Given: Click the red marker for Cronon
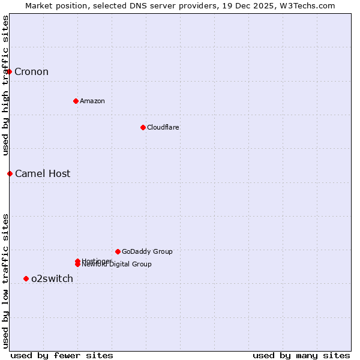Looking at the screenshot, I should pyautogui.click(x=10, y=72).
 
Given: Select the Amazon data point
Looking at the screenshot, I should pyautogui.click(x=76, y=101).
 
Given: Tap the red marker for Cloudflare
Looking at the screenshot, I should pyautogui.click(x=143, y=127).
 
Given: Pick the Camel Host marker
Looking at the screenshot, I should pyautogui.click(x=10, y=173).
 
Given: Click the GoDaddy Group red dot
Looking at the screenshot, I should pyautogui.click(x=118, y=251).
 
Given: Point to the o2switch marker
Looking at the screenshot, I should pyautogui.click(x=26, y=278).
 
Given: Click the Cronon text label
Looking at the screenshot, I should pyautogui.click(x=31, y=72).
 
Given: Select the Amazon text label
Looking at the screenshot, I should pyautogui.click(x=92, y=101).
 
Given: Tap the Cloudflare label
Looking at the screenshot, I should pyautogui.click(x=163, y=127).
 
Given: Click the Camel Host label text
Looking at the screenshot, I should pyautogui.click(x=43, y=174).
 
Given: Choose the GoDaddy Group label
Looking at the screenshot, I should pyautogui.click(x=147, y=251).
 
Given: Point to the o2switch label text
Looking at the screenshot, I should pyautogui.click(x=52, y=278).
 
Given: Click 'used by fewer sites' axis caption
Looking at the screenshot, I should pyautogui.click(x=62, y=355).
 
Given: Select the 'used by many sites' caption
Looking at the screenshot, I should pyautogui.click(x=301, y=355).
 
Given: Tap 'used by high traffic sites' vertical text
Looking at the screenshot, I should pyautogui.click(x=5, y=85).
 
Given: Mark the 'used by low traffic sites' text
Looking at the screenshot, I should pyautogui.click(x=5, y=281).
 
